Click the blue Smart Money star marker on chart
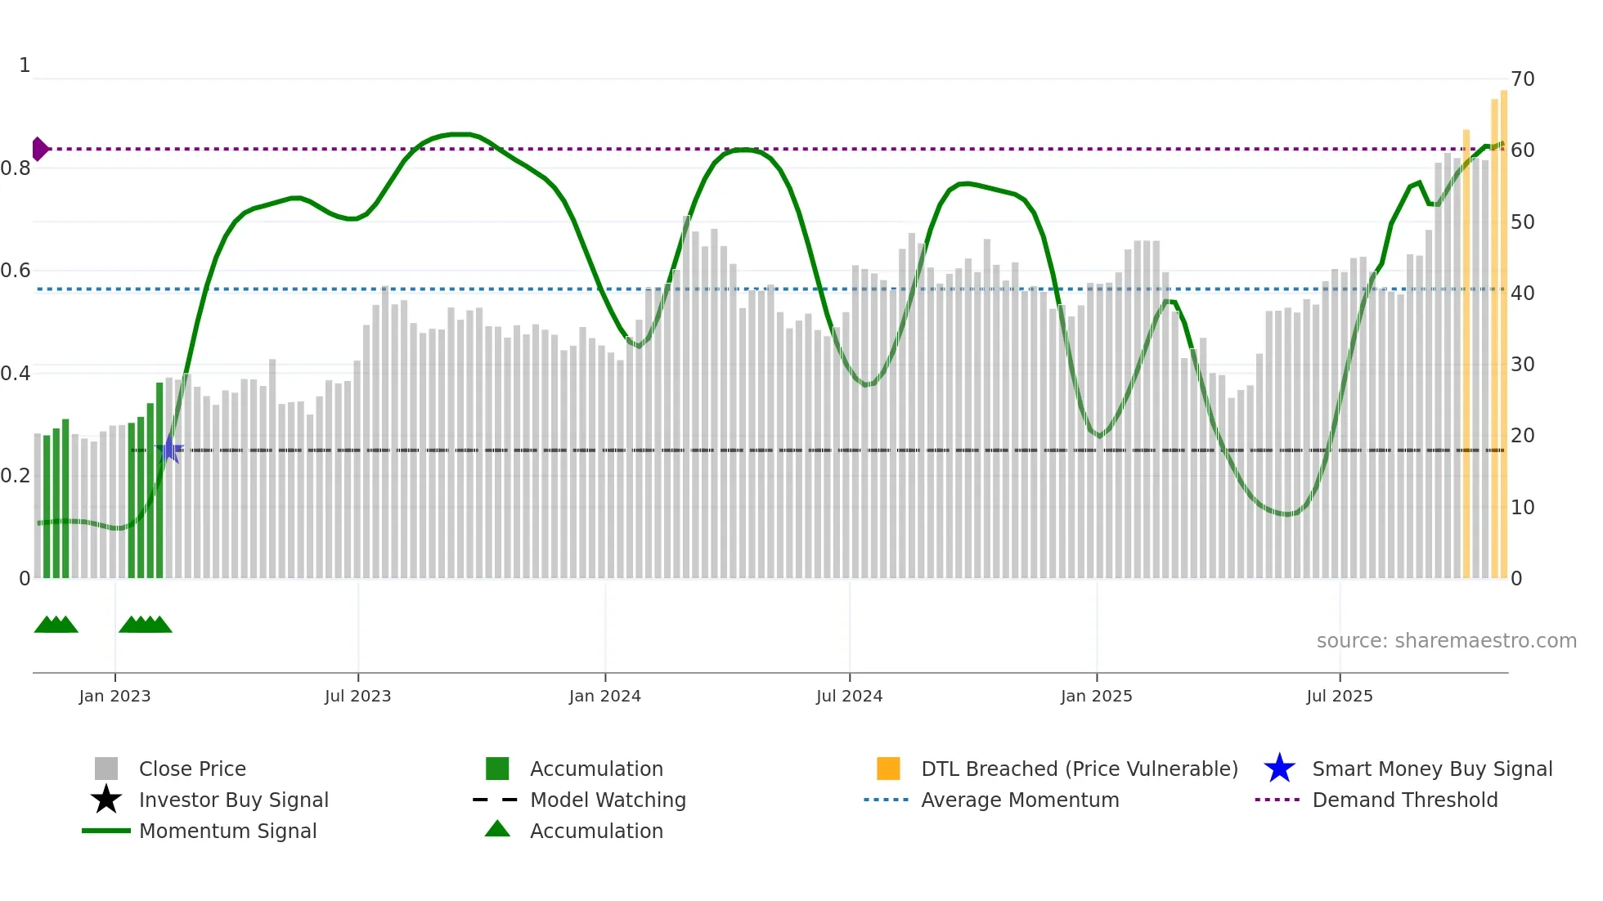tap(169, 449)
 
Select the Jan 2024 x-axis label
tap(604, 696)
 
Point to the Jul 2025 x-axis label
tap(1339, 696)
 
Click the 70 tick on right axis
tap(1522, 79)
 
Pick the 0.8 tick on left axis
tap(16, 168)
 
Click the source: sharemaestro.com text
tap(1446, 640)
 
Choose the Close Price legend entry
tap(192, 769)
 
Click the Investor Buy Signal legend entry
tap(233, 800)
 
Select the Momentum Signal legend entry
tap(227, 831)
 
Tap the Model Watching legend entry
tap(607, 800)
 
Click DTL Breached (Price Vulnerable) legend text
tap(1079, 769)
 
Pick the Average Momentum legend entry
tap(1019, 800)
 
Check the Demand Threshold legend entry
tap(1404, 800)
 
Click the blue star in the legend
tap(1279, 769)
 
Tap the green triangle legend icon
tap(497, 829)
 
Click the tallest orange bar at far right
tap(1503, 327)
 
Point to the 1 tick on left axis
tap(25, 65)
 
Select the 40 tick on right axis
tap(1522, 293)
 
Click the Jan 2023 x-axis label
tap(114, 696)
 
